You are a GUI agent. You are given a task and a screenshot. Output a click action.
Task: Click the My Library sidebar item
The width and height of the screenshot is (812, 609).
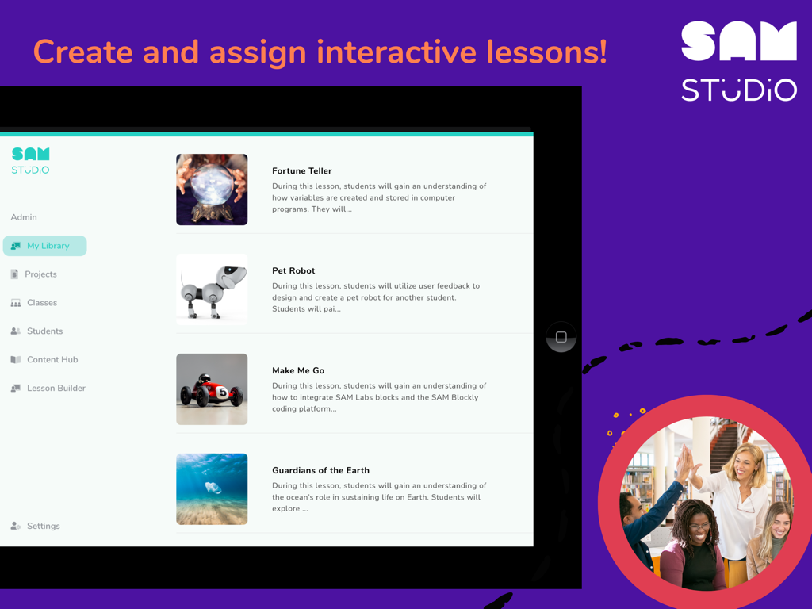point(45,246)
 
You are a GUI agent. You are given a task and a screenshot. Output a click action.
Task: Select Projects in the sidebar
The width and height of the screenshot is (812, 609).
point(40,274)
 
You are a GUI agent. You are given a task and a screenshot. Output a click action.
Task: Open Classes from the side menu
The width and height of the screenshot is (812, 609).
point(41,303)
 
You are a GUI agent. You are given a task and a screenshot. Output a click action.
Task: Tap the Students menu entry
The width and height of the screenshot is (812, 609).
point(44,331)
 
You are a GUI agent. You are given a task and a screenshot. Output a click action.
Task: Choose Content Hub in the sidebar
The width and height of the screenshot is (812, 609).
point(52,360)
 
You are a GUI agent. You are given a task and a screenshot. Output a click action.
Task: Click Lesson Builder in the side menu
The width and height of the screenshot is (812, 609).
point(56,389)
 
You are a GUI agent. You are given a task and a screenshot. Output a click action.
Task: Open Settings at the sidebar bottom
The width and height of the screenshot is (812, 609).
point(43,526)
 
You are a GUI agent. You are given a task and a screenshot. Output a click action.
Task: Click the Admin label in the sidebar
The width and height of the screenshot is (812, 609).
point(24,217)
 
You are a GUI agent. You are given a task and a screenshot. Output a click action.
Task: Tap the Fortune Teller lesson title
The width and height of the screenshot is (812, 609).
point(301,171)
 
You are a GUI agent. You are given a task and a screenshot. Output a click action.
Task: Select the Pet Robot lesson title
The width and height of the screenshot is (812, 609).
point(293,271)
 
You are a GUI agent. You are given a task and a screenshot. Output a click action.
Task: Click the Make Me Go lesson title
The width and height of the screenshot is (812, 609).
point(298,371)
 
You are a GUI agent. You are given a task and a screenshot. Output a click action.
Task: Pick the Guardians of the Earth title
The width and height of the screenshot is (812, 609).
point(320,471)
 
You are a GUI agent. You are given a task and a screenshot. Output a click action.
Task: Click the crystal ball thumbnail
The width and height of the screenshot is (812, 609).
point(212,190)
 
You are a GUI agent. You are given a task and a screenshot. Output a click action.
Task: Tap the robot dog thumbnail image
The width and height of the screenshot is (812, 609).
point(212,289)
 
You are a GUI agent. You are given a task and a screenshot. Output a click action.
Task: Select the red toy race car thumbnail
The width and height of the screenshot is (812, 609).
point(212,389)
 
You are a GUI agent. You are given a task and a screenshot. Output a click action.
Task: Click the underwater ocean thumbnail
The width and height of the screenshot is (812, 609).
point(212,489)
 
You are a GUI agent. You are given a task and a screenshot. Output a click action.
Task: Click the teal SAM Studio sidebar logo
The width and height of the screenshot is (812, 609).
point(31,160)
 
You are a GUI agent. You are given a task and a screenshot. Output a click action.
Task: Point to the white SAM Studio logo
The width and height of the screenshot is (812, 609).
point(738,62)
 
